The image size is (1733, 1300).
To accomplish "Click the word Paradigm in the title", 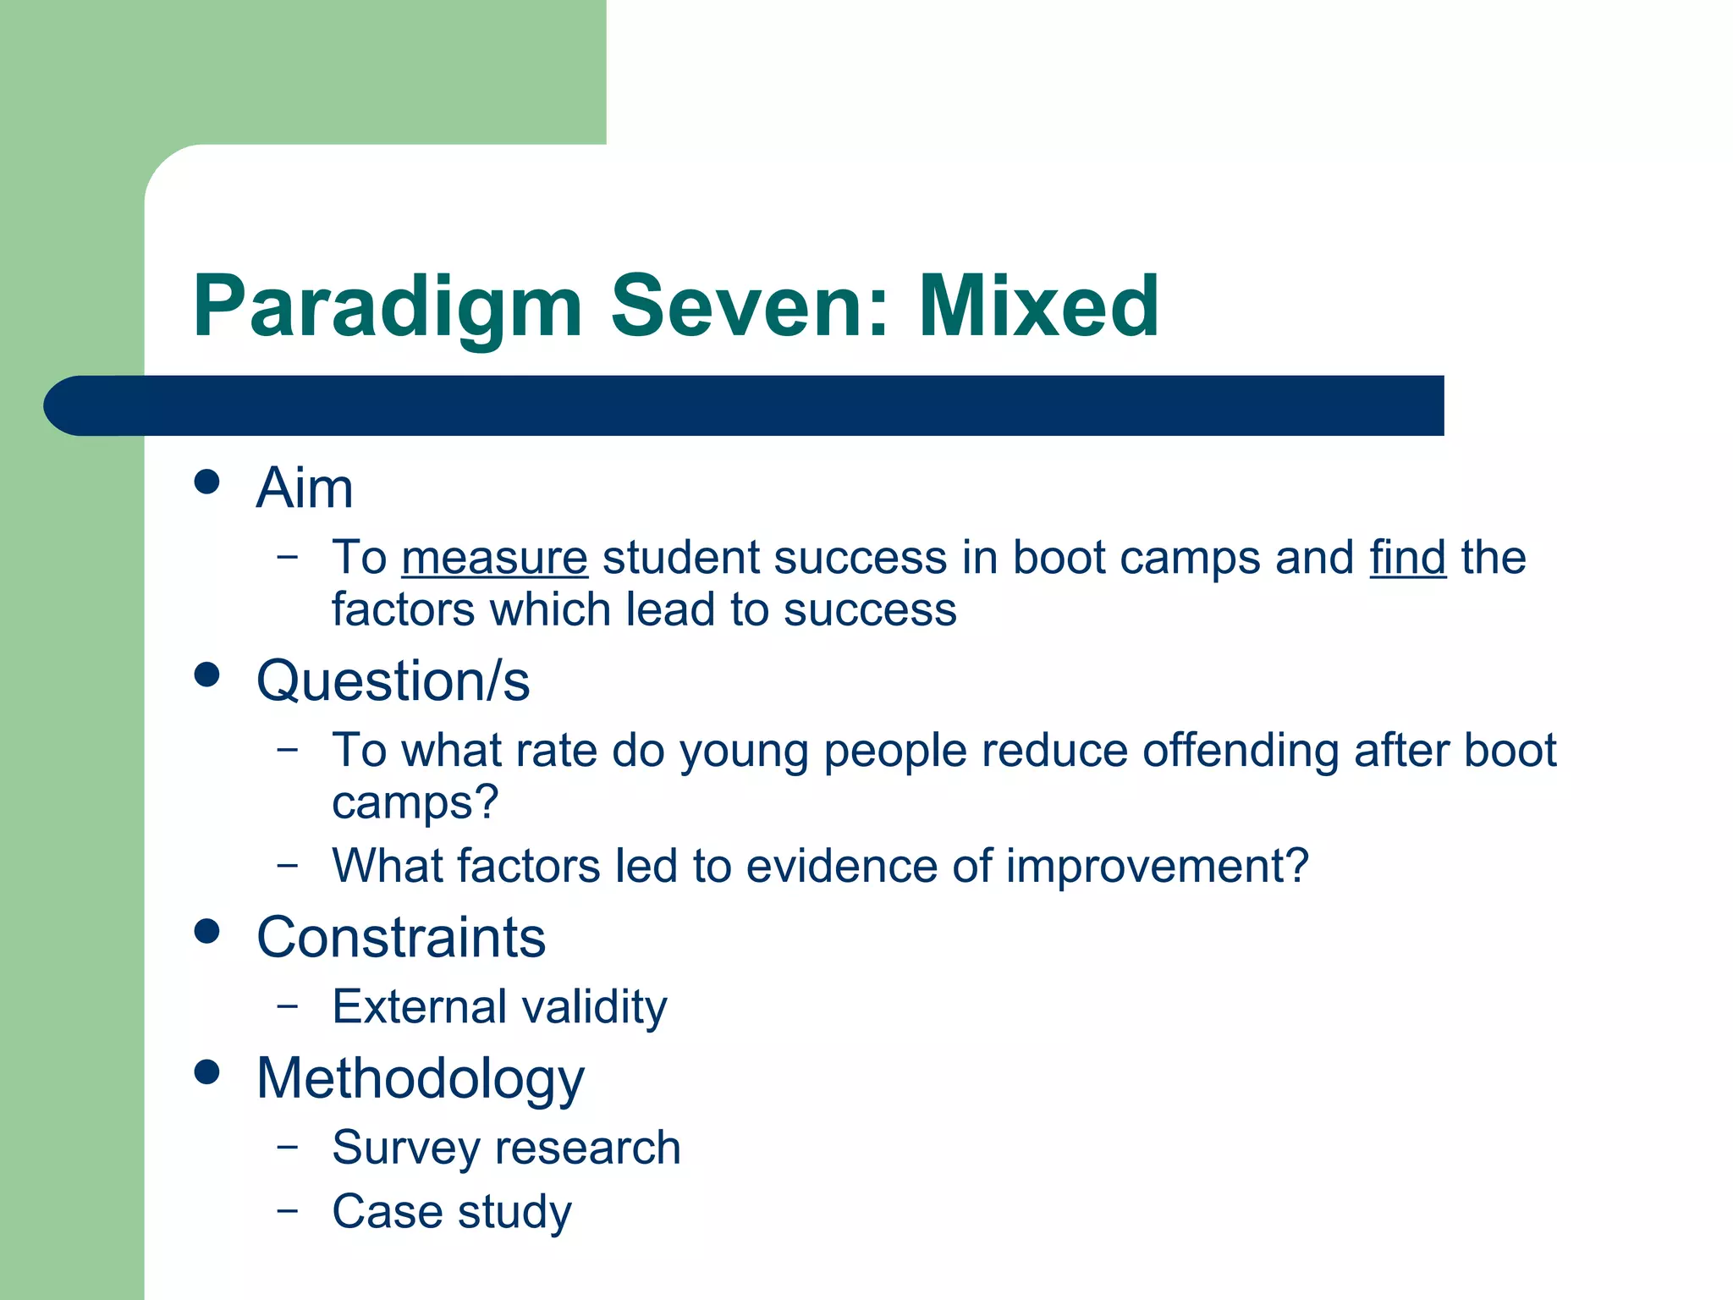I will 388,308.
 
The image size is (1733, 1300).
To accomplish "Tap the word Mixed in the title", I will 1038,306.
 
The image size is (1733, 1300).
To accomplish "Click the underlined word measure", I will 494,559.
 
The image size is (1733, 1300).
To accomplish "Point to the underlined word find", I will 1407,559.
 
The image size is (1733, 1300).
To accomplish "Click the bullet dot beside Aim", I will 206,482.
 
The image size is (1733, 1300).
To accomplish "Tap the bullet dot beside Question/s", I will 206,675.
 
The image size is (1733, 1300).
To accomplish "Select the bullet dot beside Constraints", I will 206,932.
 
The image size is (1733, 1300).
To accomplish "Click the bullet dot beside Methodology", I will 206,1072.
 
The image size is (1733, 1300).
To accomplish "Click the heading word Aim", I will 305,488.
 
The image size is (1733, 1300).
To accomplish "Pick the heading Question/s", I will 393,681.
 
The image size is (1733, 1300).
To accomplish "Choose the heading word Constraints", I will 401,938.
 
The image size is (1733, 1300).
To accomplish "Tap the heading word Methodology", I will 421,1080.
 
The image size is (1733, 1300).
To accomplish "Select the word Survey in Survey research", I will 406,1149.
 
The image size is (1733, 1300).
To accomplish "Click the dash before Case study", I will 288,1210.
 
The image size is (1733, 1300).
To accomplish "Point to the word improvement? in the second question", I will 1157,867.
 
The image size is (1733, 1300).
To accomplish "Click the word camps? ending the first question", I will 415,803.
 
